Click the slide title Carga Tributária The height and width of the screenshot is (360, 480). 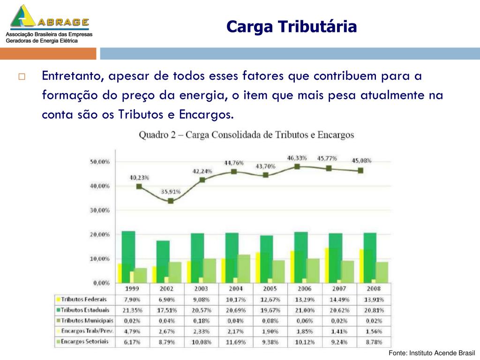(x=291, y=27)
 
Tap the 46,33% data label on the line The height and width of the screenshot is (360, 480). (x=296, y=158)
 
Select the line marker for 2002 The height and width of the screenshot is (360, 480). (x=171, y=201)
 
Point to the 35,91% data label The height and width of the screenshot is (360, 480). (x=171, y=191)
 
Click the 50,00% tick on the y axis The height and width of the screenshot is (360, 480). (x=100, y=162)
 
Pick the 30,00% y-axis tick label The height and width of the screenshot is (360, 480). (x=100, y=210)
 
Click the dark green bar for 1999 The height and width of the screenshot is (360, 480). (x=128, y=251)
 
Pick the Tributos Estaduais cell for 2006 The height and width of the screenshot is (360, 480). (x=305, y=310)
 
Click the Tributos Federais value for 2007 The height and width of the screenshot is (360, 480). (x=339, y=300)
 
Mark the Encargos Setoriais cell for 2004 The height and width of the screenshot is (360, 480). (x=236, y=342)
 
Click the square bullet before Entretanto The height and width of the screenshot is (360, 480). (x=22, y=76)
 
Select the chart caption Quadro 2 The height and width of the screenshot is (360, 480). (x=246, y=135)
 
